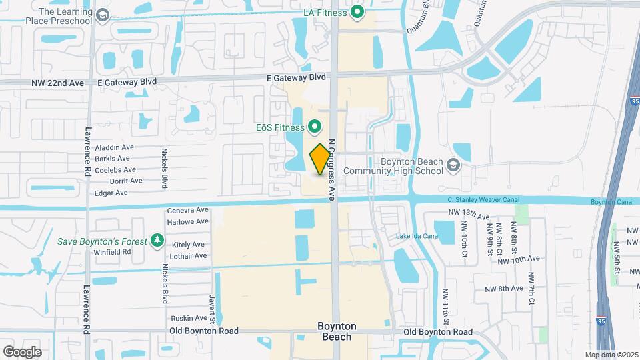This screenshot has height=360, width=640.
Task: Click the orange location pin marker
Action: [320, 159]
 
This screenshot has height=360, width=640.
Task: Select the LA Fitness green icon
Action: [358, 12]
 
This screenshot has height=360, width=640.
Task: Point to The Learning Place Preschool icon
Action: [103, 15]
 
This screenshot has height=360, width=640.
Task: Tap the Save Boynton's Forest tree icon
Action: [157, 241]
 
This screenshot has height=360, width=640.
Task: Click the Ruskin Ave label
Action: [189, 318]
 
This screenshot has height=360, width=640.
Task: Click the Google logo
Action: [23, 352]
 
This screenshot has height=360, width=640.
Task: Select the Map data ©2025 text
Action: [610, 355]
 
